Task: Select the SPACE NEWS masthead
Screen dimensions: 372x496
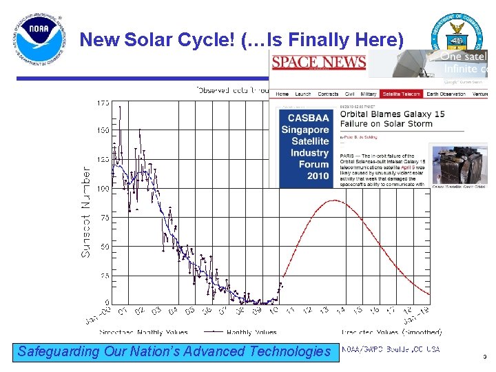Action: pos(318,63)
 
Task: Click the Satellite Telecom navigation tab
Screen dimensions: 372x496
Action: pos(402,94)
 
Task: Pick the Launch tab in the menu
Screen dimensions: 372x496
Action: pos(303,94)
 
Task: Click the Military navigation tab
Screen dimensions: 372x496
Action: pos(369,94)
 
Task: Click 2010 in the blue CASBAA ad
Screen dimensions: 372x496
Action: pos(318,176)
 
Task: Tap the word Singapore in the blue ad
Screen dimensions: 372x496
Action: pos(304,130)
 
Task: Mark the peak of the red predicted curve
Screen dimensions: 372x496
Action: pos(335,200)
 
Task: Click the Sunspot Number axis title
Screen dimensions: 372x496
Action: pos(87,212)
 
